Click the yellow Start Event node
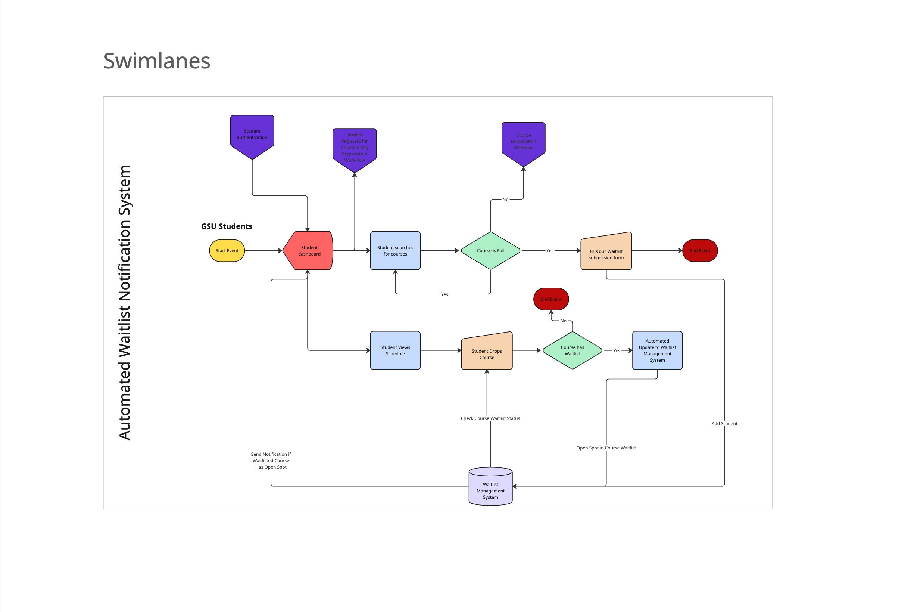(227, 251)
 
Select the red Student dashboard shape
(308, 251)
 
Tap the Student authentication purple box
(252, 135)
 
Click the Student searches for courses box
(395, 251)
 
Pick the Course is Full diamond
(490, 251)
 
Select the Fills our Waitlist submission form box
(606, 253)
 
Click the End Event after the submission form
(700, 251)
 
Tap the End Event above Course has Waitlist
(551, 299)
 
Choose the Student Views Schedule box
(395, 350)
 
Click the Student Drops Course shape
(487, 352)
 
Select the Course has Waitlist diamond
(572, 350)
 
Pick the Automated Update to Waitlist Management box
(657, 350)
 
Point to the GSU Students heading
(227, 226)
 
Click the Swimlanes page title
(157, 61)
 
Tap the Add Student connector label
(724, 423)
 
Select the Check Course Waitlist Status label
(490, 418)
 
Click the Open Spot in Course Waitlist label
(606, 448)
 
